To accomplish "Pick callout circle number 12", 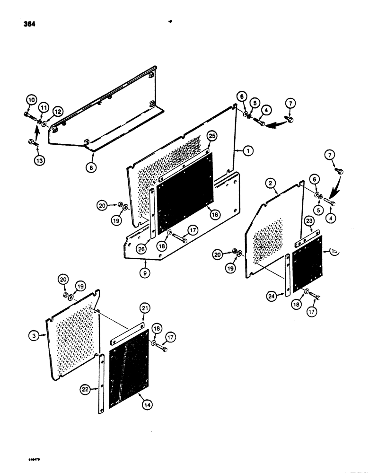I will (x=57, y=112).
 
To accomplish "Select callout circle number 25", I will (x=212, y=137).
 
